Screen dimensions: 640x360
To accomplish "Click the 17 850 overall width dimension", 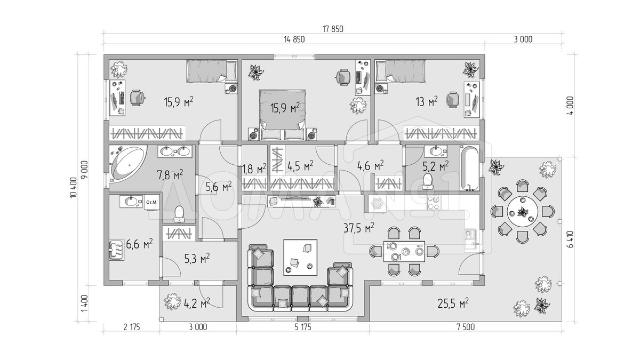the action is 333,29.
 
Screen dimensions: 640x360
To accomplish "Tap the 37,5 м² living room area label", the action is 359,228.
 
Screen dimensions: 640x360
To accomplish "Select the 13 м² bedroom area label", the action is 427,101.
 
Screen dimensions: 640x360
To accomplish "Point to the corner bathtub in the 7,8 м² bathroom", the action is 128,164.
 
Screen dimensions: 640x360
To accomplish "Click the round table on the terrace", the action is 523,212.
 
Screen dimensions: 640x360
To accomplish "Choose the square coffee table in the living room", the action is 300,258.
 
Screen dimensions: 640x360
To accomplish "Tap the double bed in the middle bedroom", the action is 283,115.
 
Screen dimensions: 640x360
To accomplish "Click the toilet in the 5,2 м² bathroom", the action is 428,181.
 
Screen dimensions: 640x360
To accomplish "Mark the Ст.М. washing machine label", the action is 151,202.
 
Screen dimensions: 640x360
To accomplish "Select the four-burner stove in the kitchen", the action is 434,203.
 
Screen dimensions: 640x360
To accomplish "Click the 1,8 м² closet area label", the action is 254,169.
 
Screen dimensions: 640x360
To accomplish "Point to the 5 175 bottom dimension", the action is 303,327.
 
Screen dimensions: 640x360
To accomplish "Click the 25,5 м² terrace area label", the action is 453,303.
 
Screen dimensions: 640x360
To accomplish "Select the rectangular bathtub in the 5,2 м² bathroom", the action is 470,169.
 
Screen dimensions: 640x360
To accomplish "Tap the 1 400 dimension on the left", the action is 85,303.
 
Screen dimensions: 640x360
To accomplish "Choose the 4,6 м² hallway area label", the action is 371,166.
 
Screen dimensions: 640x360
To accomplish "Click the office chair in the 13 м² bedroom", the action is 453,100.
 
